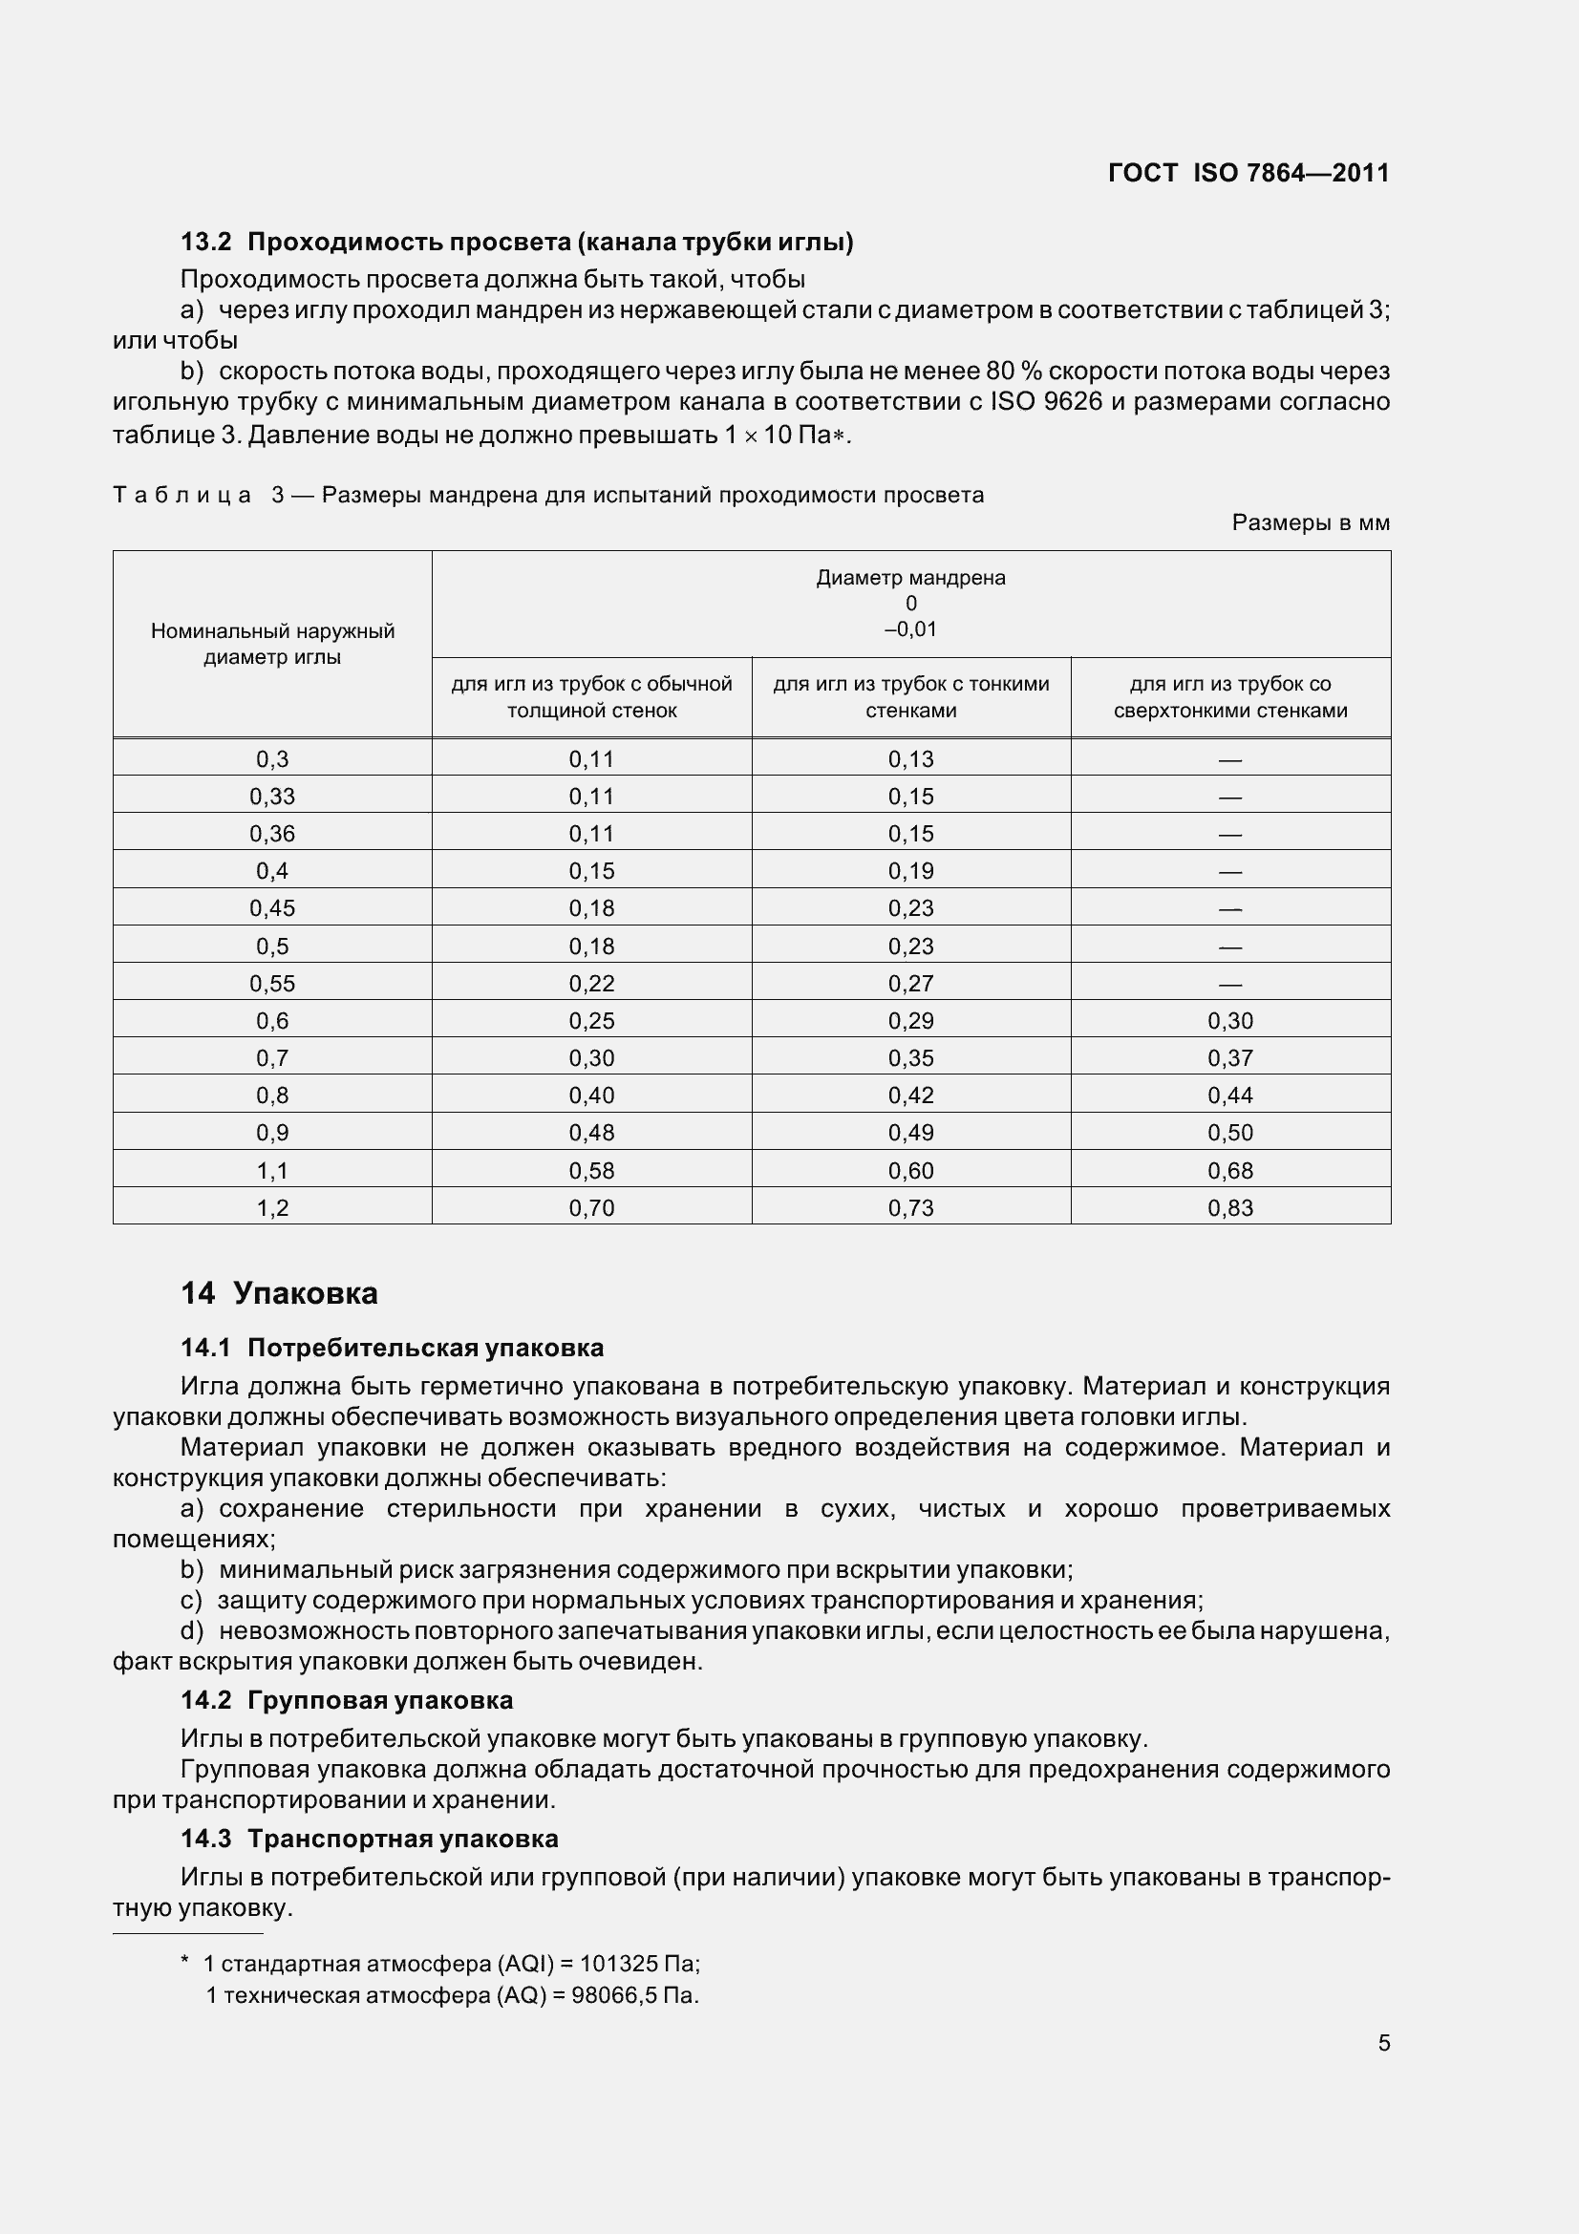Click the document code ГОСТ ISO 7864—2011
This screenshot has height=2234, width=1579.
click(x=1248, y=173)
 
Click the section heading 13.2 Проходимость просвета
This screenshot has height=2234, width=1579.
click(x=517, y=242)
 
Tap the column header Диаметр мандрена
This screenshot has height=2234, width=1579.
click(x=910, y=578)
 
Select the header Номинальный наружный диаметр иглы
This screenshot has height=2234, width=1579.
click(x=272, y=644)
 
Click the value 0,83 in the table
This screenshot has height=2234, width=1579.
click(x=1229, y=1207)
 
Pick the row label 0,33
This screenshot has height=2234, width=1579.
click(x=272, y=796)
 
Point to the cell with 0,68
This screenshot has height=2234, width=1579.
click(x=1229, y=1171)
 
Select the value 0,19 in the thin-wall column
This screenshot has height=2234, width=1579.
click(x=910, y=871)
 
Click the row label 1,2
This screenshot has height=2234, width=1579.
click(x=272, y=1207)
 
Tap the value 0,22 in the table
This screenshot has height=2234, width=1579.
click(x=591, y=984)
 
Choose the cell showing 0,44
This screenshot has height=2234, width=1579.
click(x=1229, y=1096)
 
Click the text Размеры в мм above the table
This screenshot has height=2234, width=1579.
click(x=1310, y=522)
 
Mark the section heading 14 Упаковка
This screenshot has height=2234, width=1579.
click(x=279, y=1293)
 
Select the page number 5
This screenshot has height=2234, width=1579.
click(x=1383, y=2042)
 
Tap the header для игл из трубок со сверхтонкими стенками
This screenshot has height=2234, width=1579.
click(x=1229, y=696)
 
